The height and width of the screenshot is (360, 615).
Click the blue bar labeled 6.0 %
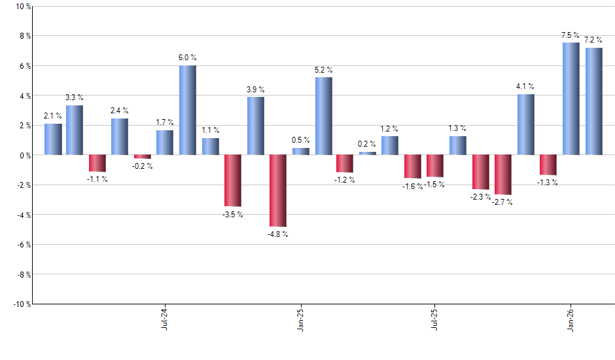(188, 110)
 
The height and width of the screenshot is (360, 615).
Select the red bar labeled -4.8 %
(278, 190)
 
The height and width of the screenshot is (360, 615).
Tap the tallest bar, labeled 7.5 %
(571, 99)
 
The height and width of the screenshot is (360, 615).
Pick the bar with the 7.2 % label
(593, 101)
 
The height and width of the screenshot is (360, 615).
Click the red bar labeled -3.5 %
(233, 181)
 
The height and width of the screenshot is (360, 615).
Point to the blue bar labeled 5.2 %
(323, 116)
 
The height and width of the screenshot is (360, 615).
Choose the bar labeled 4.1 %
(525, 124)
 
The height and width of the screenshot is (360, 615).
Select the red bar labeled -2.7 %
(503, 175)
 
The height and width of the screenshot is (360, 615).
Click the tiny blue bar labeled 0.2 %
(368, 153)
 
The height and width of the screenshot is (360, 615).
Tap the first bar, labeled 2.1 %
(53, 139)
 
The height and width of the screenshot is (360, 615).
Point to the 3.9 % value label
(256, 90)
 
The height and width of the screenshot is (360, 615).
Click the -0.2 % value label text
(143, 166)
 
